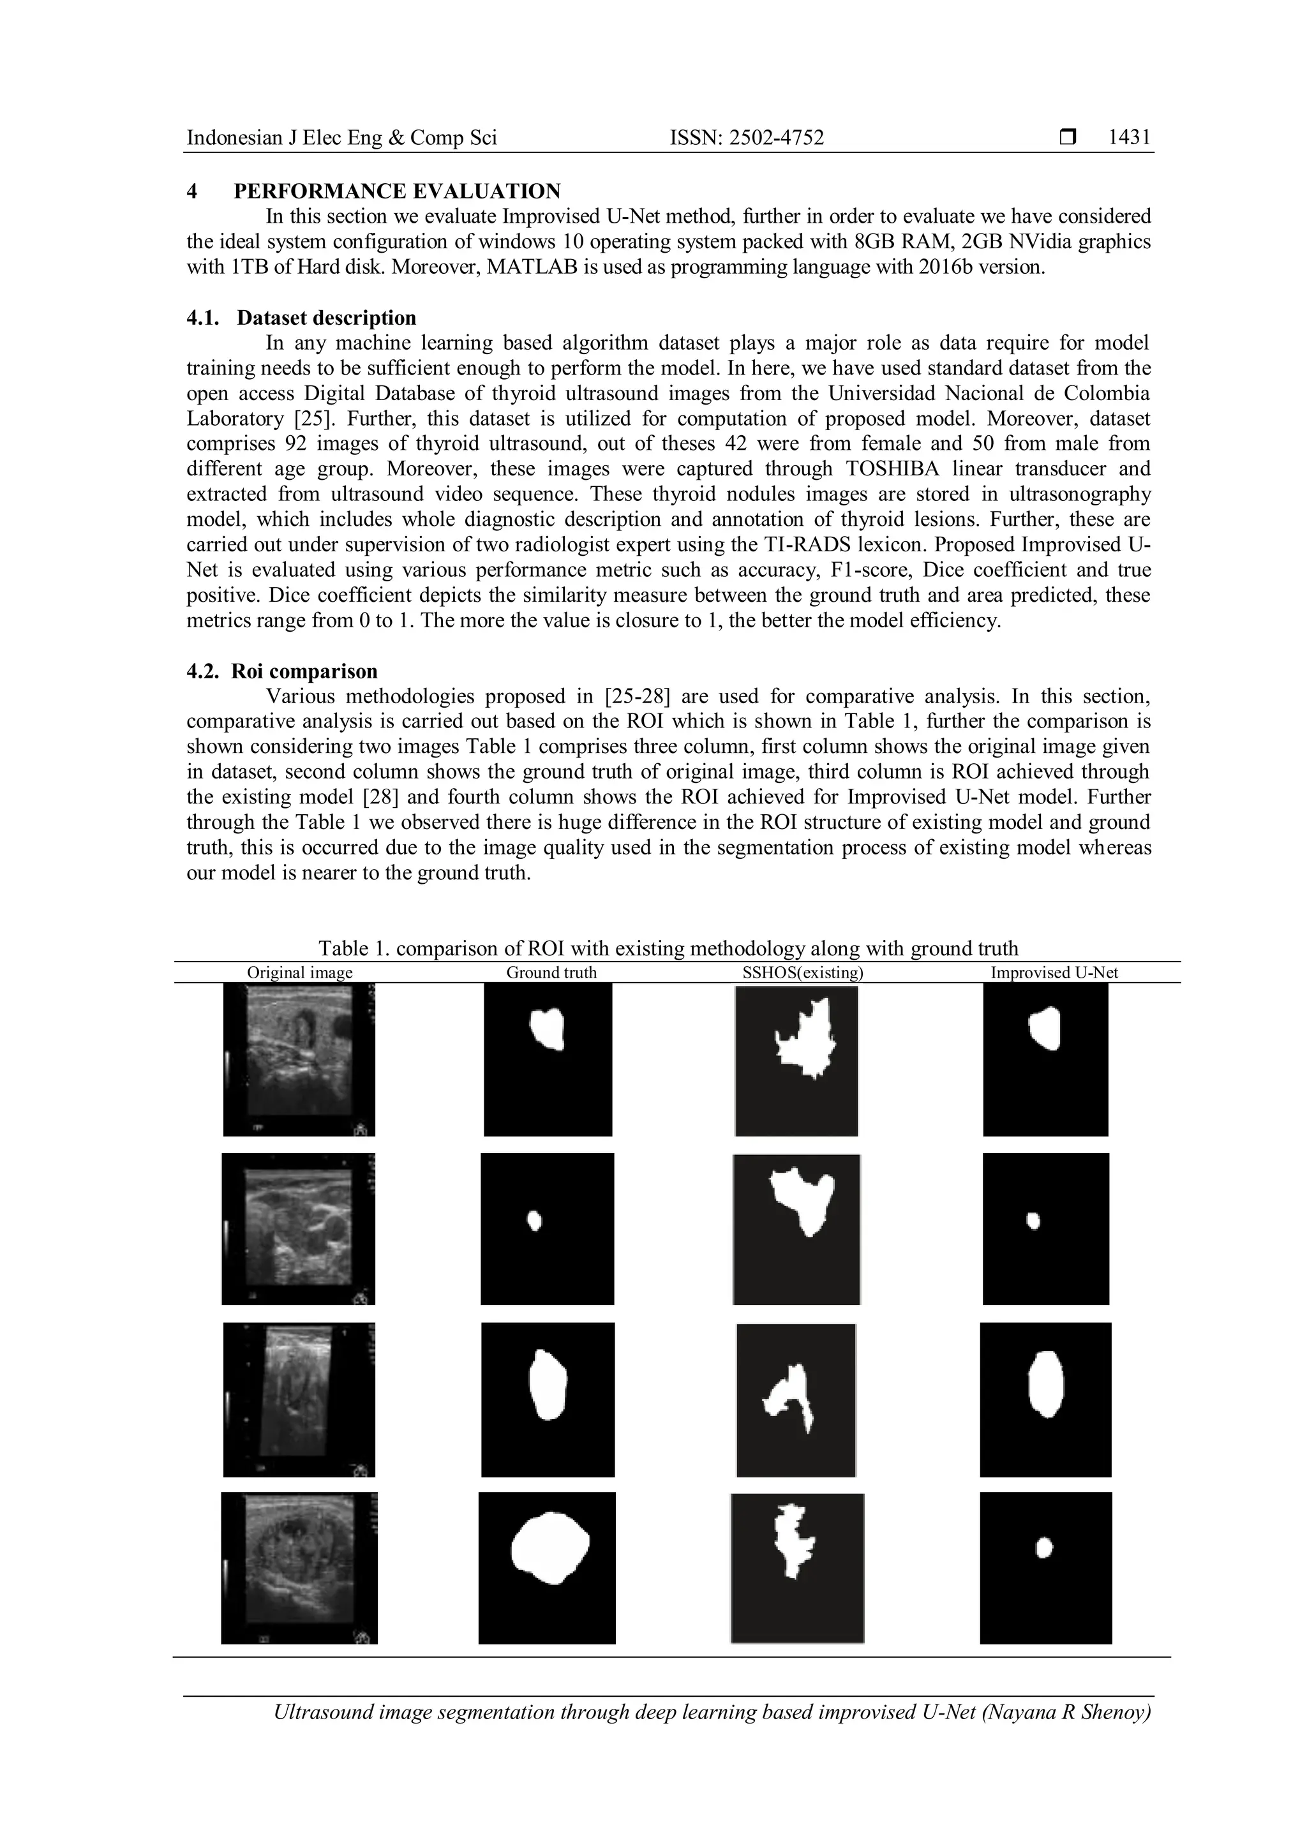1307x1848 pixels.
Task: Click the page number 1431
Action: pos(1128,138)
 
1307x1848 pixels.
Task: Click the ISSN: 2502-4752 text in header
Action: pos(747,138)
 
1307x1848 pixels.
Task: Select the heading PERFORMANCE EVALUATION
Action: pos(397,191)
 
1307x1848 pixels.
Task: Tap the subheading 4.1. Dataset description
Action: pos(302,318)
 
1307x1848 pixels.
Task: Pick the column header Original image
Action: pos(299,972)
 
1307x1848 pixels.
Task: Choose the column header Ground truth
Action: pos(551,972)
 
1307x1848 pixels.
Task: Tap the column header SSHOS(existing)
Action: pos(802,972)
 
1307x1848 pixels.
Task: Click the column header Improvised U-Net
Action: pos(1054,972)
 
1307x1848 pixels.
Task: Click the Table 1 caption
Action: pos(668,948)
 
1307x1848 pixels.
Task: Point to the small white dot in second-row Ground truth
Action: pos(534,1221)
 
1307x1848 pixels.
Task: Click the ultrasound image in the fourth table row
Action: pos(299,1568)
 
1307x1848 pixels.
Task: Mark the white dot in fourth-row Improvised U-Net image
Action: pos(1044,1548)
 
